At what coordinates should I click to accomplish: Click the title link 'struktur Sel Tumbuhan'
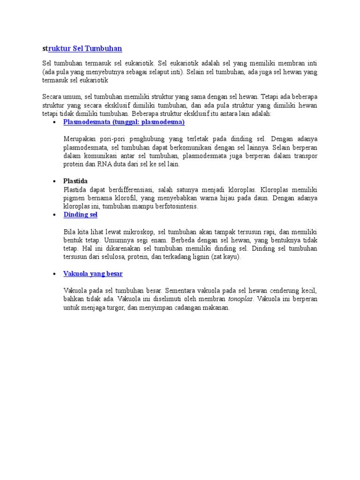point(82,49)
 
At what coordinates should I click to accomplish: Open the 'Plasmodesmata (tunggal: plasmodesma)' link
point(124,122)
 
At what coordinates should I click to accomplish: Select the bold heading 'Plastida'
point(75,181)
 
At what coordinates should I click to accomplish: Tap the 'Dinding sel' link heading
point(80,214)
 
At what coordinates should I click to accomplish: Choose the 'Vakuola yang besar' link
point(93,273)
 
